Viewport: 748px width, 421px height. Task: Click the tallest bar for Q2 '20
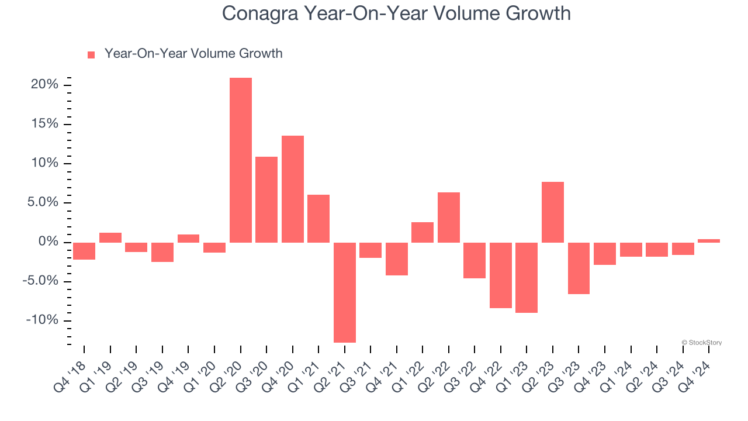[x=240, y=160]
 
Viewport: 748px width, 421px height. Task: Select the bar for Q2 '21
[x=345, y=292]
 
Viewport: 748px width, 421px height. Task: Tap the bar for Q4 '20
[x=292, y=189]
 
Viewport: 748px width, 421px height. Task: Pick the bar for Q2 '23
[x=553, y=212]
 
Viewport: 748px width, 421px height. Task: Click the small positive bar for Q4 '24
[x=709, y=240]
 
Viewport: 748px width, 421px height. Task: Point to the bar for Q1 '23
[x=527, y=278]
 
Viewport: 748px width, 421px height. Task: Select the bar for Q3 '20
[x=266, y=199]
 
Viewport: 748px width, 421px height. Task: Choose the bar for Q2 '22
[x=449, y=218]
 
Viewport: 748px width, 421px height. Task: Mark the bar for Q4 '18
[x=84, y=251]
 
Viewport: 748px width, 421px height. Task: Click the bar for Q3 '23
[x=579, y=268]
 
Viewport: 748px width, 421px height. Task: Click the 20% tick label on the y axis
[x=44, y=85]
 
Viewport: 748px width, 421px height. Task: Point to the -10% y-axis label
[x=42, y=320]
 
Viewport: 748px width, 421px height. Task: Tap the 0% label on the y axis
[x=49, y=242]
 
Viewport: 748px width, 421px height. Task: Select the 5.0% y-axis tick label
[x=42, y=203]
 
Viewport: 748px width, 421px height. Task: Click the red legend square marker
[x=91, y=55]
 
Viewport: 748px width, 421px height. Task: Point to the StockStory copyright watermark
[x=701, y=343]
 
